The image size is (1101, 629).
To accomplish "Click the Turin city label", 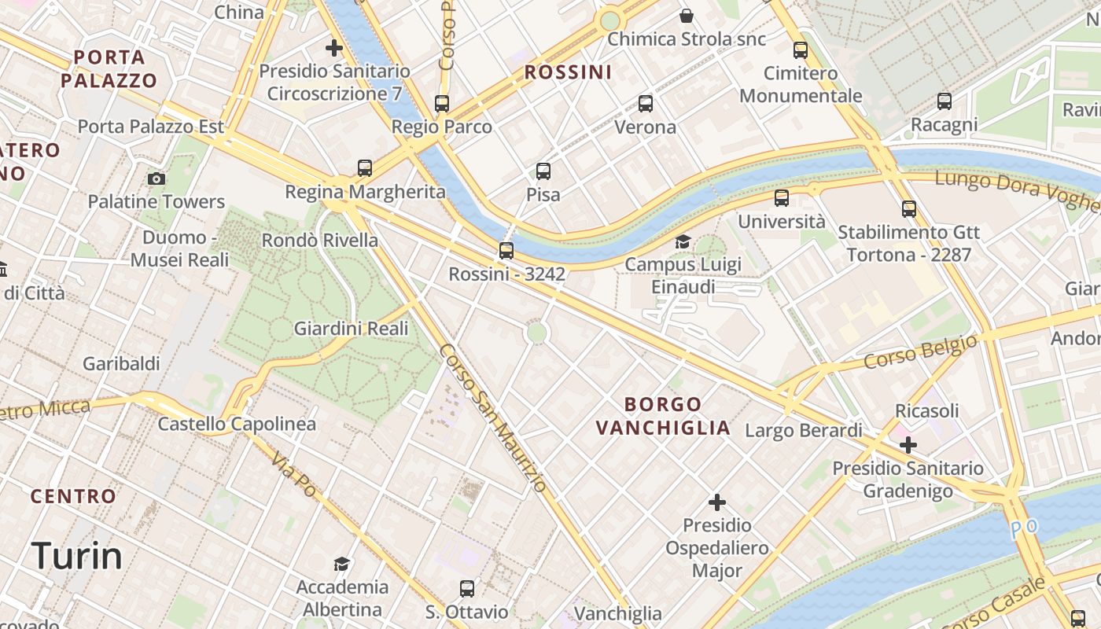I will pyautogui.click(x=77, y=557).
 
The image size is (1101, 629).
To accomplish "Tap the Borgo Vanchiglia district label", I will pyautogui.click(x=663, y=416).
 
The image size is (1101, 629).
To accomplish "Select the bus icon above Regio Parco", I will pyautogui.click(x=442, y=104).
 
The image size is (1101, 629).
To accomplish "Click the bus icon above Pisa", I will pyautogui.click(x=543, y=171).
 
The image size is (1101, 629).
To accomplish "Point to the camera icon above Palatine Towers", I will pyautogui.click(x=156, y=178).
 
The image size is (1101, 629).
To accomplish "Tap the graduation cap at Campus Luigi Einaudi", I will pyautogui.click(x=683, y=241).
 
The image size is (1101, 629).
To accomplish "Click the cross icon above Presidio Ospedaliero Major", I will pyautogui.click(x=717, y=502).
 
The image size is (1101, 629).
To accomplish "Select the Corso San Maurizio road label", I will pyautogui.click(x=492, y=417).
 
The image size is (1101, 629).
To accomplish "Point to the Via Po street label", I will pyautogui.click(x=294, y=475).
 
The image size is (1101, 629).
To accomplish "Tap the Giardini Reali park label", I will pyautogui.click(x=351, y=329).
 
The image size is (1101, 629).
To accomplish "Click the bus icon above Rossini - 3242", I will pyautogui.click(x=506, y=251).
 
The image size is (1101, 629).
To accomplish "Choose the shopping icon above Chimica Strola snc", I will pyautogui.click(x=687, y=16).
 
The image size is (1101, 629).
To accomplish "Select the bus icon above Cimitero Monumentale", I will pyautogui.click(x=801, y=50).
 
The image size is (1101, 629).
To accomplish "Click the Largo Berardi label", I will pyautogui.click(x=803, y=430).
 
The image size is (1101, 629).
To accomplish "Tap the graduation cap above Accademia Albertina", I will pyautogui.click(x=341, y=564).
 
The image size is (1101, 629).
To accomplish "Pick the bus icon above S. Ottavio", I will pyautogui.click(x=467, y=588).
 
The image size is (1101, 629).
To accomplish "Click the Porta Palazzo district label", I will pyautogui.click(x=109, y=68).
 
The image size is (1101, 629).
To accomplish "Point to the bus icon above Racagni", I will pyautogui.click(x=945, y=101).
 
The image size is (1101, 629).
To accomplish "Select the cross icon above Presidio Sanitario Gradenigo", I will pyautogui.click(x=908, y=445).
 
